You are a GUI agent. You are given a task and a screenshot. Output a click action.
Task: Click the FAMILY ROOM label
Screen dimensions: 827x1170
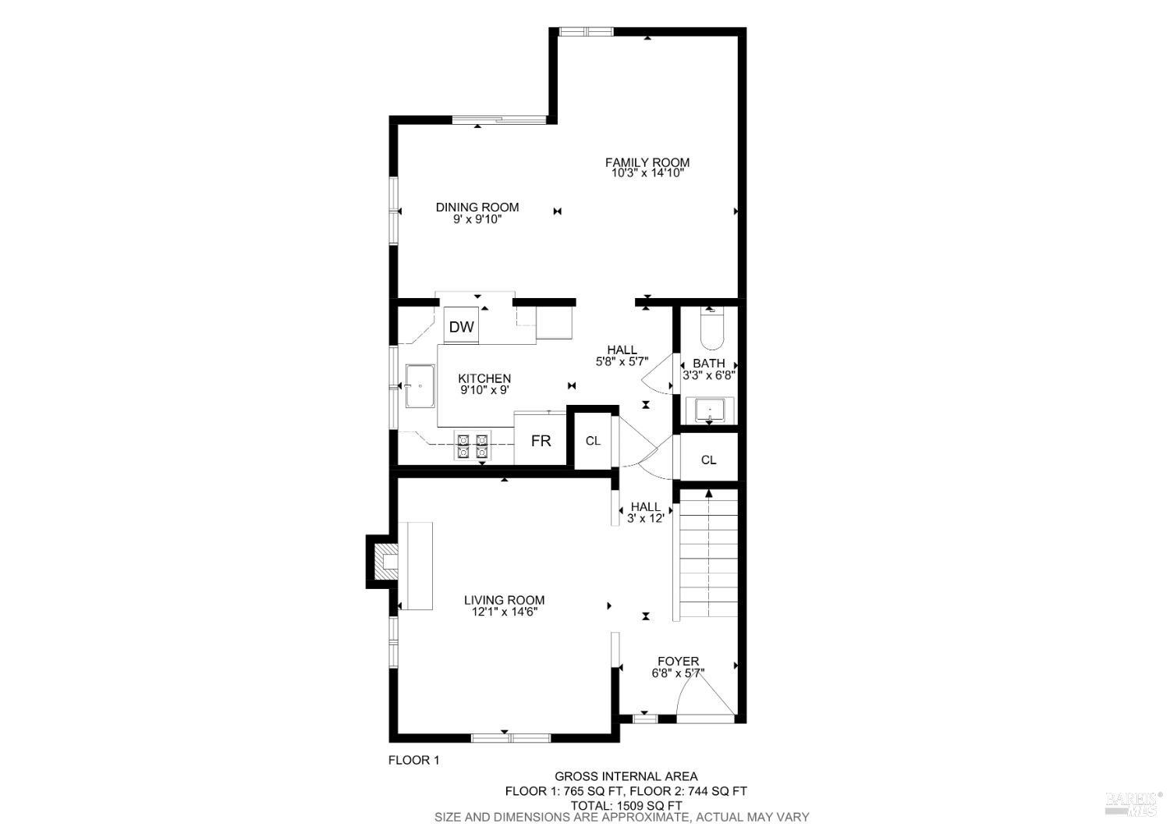(x=647, y=162)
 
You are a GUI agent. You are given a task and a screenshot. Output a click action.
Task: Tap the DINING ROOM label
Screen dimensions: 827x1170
(x=477, y=207)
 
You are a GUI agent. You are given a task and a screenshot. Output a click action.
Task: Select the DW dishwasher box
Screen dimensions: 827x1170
(x=461, y=326)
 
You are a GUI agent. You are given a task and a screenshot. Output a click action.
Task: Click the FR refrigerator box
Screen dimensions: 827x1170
(x=541, y=441)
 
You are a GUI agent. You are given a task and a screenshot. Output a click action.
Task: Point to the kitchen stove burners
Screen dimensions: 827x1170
(x=473, y=445)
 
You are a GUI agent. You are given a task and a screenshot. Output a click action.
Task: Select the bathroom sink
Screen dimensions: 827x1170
(x=710, y=409)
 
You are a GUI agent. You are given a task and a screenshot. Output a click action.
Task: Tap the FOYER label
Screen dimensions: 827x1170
(x=678, y=661)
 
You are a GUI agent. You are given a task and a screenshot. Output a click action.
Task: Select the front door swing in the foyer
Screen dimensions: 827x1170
(x=704, y=696)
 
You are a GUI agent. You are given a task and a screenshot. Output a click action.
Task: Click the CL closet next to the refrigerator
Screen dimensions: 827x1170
(x=593, y=441)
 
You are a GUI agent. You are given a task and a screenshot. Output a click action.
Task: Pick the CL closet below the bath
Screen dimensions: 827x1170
(x=708, y=460)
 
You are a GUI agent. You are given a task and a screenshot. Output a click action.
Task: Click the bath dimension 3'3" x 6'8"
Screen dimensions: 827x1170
(x=709, y=374)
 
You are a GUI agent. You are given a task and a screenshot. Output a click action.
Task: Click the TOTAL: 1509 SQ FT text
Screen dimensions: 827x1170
(x=627, y=805)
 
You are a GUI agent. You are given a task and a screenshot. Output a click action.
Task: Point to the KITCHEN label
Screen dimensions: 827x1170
(x=484, y=378)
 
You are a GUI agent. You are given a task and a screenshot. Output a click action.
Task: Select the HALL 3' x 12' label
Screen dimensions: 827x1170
(x=645, y=512)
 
